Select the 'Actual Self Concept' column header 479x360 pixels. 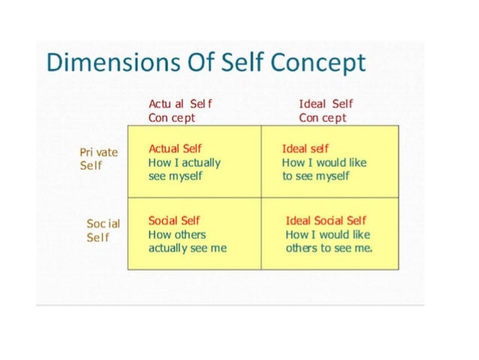[x=175, y=110]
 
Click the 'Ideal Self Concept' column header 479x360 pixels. [x=325, y=110]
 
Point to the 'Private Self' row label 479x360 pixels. [x=98, y=159]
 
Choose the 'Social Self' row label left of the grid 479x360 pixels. [x=103, y=230]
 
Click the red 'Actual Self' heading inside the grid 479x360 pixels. [x=175, y=149]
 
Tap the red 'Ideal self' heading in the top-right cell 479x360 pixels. [x=305, y=149]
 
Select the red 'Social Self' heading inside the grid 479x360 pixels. [x=174, y=220]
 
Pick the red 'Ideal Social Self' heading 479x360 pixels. [x=326, y=220]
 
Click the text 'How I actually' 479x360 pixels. [x=185, y=162]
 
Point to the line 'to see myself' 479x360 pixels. [x=315, y=176]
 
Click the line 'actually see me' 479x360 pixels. [x=187, y=247]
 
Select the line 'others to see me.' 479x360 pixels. [x=329, y=247]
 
